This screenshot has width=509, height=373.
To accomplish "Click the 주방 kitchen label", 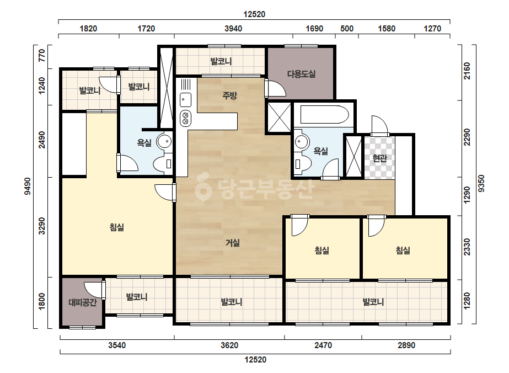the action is [229, 95].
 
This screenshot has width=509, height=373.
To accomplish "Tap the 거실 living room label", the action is [232, 242].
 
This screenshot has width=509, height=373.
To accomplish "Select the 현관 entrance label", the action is [379, 158].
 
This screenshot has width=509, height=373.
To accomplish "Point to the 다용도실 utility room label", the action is [301, 74].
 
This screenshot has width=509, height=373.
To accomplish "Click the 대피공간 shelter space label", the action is [83, 303].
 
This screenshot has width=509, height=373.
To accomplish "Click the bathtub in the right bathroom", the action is [325, 115].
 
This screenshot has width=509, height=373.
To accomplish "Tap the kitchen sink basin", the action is [186, 99].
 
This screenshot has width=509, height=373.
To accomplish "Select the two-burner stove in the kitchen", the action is [185, 118].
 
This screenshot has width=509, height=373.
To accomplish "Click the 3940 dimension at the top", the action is [233, 29].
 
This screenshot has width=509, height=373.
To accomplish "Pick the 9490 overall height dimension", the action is [27, 186].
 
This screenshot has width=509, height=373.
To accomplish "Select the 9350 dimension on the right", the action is [481, 184].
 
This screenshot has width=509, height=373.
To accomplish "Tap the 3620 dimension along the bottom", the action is [229, 345].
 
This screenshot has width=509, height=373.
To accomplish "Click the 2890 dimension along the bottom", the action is [406, 345].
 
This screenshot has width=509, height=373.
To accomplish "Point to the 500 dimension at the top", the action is [347, 29].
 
